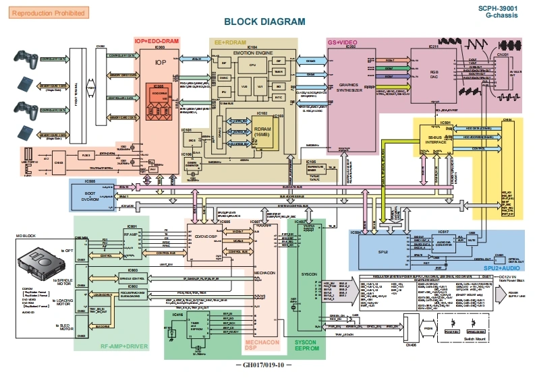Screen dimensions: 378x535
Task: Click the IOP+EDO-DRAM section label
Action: [157, 42]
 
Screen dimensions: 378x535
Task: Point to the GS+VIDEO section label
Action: [342, 42]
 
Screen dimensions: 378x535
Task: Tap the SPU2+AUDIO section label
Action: [499, 268]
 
